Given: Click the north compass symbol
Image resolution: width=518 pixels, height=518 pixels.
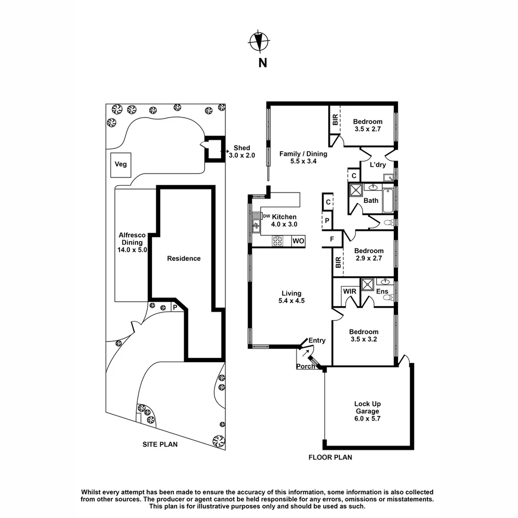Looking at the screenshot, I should (259, 42).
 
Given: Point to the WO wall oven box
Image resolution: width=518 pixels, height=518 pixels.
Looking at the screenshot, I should (298, 241).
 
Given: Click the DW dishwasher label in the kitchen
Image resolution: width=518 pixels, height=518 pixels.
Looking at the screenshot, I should (267, 216).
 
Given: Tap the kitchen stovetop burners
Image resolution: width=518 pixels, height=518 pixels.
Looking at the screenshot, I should (278, 241).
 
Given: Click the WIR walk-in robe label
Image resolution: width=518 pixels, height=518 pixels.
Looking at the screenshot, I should (349, 291).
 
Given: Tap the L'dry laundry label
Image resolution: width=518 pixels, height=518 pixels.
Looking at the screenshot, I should (378, 165).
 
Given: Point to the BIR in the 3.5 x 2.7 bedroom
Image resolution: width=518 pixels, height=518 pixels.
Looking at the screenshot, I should (334, 120).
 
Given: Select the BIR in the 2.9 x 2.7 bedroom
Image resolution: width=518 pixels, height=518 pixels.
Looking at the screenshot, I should (338, 262).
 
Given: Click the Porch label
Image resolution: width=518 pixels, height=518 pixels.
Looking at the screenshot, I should (306, 366).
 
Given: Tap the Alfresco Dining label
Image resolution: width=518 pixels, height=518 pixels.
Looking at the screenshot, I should (131, 242).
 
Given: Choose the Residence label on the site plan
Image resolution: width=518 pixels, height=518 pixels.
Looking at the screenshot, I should (184, 259).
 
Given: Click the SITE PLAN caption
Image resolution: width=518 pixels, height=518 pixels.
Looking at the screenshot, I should (160, 445).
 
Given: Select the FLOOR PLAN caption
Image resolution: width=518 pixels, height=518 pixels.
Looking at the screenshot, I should (330, 458).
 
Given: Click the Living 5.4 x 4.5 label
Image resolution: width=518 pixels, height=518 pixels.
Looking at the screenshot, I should (292, 297).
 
